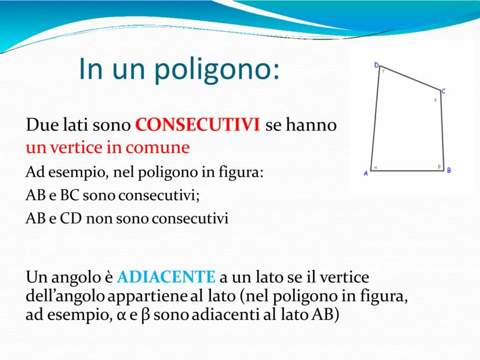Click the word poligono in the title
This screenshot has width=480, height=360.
pos(217,69)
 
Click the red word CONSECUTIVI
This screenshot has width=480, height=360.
pos(198,125)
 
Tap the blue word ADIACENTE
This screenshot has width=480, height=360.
pos(166,277)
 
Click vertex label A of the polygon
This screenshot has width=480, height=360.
pos(366,173)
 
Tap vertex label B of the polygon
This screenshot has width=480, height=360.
pos(449,170)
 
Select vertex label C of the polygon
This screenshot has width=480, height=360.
pos(443,91)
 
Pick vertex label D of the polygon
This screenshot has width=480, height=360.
pos(377,65)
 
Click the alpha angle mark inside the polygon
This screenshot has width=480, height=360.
pos(376,168)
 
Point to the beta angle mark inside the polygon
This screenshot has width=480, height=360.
pos(439,166)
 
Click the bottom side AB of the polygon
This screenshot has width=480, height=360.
pos(408,170)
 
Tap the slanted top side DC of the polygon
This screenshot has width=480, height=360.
pos(410,78)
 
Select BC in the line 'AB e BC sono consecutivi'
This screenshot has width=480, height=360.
pos(70,195)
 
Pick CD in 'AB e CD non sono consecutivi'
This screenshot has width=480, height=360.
pos(71,219)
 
